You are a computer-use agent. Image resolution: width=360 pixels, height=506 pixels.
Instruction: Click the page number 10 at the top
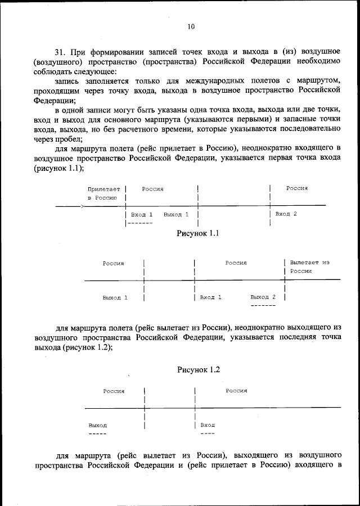[191, 26]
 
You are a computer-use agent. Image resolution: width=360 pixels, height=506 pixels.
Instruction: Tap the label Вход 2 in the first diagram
[286, 214]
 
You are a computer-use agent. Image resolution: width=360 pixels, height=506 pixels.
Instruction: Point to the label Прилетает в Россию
[103, 193]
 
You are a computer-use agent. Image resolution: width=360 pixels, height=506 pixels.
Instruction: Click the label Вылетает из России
[309, 266]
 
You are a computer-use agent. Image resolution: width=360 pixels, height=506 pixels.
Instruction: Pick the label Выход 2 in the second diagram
[263, 297]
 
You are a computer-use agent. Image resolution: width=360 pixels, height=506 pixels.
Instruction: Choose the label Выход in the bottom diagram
[97, 425]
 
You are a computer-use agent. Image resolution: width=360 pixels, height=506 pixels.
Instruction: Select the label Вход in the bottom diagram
[208, 425]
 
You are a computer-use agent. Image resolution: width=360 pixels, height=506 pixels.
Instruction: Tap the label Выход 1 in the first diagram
[176, 215]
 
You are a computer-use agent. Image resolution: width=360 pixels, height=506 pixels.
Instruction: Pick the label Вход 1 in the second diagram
[211, 297]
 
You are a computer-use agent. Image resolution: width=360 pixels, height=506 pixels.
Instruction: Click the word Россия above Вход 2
[297, 188]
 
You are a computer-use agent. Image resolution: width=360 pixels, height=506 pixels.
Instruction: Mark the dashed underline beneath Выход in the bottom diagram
[97, 433]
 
